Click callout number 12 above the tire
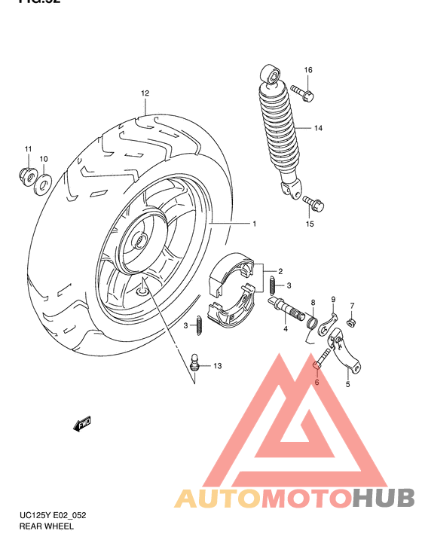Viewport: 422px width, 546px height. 144,93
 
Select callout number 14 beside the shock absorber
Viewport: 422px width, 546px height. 318,129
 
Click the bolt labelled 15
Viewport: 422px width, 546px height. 313,203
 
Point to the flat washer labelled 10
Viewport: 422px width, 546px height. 44,180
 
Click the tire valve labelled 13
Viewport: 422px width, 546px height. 194,362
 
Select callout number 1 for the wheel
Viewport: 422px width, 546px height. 255,224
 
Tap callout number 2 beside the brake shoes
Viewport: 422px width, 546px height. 280,271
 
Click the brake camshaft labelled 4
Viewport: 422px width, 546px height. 282,308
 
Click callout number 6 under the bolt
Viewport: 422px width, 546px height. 316,383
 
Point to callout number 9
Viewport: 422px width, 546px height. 333,299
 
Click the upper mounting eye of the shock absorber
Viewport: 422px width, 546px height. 269,75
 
